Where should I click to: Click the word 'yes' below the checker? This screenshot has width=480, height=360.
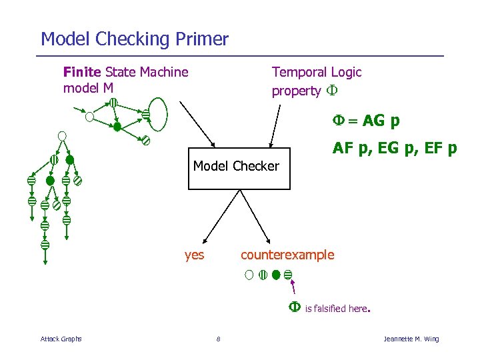tap(194, 255)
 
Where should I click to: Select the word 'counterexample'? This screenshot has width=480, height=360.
tap(287, 255)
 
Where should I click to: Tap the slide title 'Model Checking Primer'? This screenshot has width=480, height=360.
tap(135, 39)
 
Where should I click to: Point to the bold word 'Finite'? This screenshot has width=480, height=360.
tap(82, 72)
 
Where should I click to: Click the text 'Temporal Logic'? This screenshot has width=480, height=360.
tap(317, 72)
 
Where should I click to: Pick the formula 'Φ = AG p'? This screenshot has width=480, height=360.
tap(367, 121)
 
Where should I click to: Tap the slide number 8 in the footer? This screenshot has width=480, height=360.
tap(218, 339)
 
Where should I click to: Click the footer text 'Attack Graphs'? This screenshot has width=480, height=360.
tap(61, 339)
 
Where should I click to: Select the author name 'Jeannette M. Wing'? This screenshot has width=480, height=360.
tap(411, 339)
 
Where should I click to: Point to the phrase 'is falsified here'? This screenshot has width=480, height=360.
tap(337, 309)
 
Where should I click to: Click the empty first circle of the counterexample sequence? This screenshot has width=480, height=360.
tap(249, 274)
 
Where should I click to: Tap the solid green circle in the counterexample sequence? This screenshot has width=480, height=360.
tap(275, 274)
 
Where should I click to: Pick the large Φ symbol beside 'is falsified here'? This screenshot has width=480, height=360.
tap(294, 307)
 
